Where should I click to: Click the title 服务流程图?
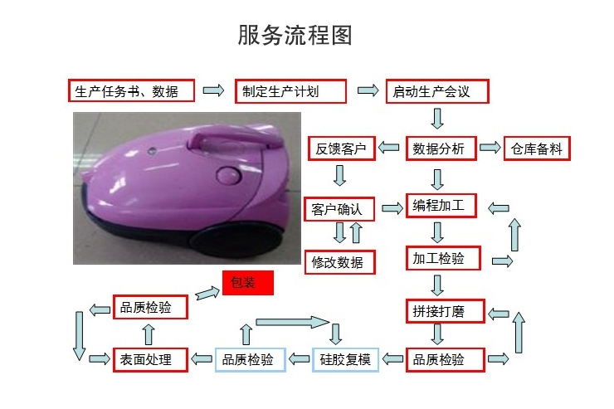[295, 36]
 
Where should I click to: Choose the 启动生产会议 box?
[436, 91]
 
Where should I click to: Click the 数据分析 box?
[441, 149]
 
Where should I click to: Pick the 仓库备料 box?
[537, 149]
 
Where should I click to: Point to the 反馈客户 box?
[341, 149]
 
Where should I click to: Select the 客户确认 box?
[339, 209]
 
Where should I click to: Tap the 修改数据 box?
[339, 263]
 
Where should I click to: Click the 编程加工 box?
[441, 206]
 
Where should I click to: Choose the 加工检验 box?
[441, 259]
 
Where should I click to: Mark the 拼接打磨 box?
[441, 312]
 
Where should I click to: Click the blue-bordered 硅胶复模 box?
[345, 360]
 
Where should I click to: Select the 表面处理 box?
[149, 360]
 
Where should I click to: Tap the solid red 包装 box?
[247, 283]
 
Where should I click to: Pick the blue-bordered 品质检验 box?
[250, 360]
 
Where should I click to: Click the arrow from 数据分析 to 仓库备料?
[491, 149]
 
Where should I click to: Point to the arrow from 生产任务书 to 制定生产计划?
[213, 90]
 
